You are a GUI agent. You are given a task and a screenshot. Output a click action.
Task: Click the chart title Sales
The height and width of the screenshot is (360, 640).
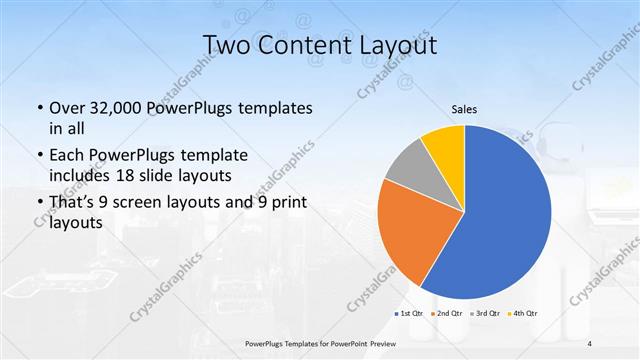(464, 109)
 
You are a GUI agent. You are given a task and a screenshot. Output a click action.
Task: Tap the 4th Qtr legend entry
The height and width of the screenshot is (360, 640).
(523, 314)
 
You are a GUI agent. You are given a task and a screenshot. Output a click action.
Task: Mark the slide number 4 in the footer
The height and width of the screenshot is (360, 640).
(590, 343)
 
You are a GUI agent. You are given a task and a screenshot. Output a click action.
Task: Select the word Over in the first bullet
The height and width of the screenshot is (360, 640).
(67, 108)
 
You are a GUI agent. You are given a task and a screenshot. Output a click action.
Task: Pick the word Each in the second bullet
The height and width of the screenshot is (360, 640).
(68, 156)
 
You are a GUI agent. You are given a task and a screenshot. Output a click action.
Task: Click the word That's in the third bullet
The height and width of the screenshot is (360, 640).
(74, 204)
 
